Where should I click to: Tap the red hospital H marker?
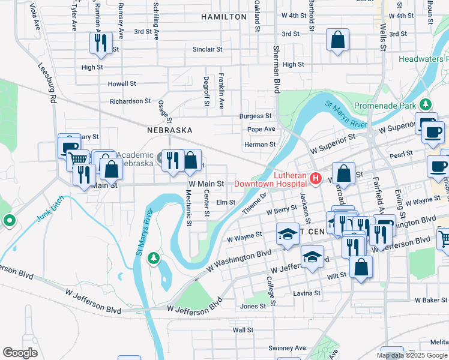pyautogui.click(x=316, y=179)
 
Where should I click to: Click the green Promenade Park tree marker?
pyautogui.click(x=427, y=104)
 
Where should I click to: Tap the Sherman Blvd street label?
pyautogui.click(x=277, y=68)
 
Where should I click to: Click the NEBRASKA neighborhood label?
pyautogui.click(x=170, y=130)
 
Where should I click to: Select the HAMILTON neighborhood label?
pyautogui.click(x=224, y=17)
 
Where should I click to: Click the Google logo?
pyautogui.click(x=20, y=353)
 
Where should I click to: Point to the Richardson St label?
pyautogui.click(x=130, y=101)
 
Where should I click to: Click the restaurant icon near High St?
pyautogui.click(x=99, y=42)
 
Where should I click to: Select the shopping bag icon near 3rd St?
pyautogui.click(x=338, y=40)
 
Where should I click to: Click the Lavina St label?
pyautogui.click(x=308, y=293)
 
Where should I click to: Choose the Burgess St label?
pyautogui.click(x=255, y=116)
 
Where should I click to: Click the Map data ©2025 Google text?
pyautogui.click(x=412, y=355)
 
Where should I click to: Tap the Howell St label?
pyautogui.click(x=122, y=84)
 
